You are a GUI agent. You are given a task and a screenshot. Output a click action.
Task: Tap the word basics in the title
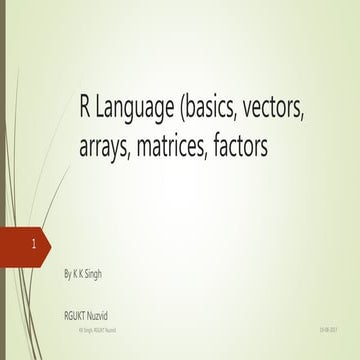tap(214, 111)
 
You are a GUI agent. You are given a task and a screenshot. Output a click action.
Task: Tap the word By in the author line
tap(67, 271)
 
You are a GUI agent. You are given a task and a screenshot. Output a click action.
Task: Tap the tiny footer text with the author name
tap(96, 328)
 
